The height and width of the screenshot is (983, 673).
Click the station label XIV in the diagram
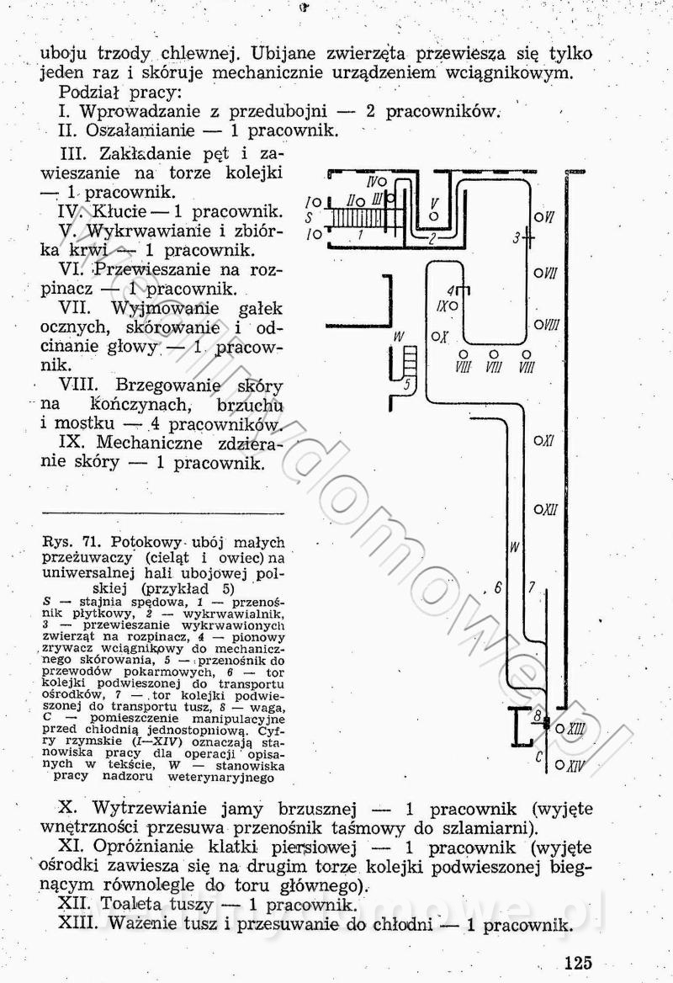(575, 766)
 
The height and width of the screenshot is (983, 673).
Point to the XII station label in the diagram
(548, 509)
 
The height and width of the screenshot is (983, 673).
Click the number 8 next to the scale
(537, 716)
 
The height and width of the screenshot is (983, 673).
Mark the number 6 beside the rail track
(498, 587)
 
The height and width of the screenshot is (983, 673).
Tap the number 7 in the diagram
(532, 587)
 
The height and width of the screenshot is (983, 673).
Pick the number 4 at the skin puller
(451, 290)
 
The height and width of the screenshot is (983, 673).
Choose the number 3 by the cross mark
(517, 238)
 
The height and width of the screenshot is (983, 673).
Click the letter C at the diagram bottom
(538, 756)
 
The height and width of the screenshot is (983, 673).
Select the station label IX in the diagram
(441, 306)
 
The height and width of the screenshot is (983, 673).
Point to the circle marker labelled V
(434, 216)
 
